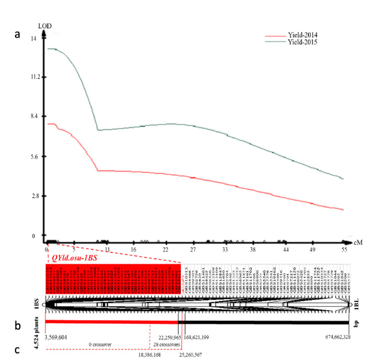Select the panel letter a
pyautogui.click(x=17, y=33)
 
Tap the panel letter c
pyautogui.click(x=17, y=349)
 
